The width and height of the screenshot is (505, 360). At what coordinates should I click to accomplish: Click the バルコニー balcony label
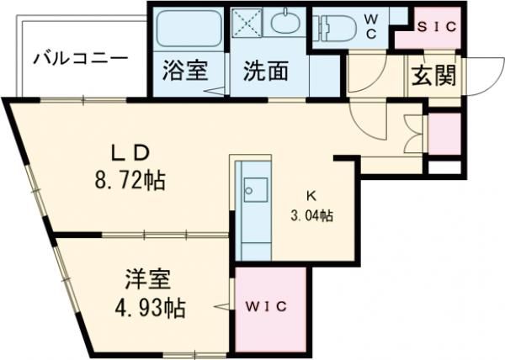tap(81, 60)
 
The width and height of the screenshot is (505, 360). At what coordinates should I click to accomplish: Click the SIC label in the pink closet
tap(438, 27)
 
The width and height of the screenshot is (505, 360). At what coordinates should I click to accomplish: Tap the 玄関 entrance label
tap(434, 77)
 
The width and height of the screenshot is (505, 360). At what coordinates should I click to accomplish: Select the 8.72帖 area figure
tap(130, 179)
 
